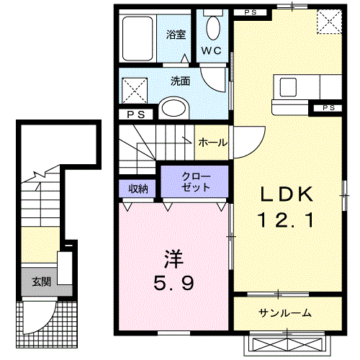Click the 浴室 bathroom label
[x=176, y=34]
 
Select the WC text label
[x=211, y=50]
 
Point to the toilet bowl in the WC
[x=213, y=27]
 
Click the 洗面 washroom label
[x=180, y=81]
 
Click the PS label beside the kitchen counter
[x=328, y=108]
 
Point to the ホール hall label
[x=212, y=143]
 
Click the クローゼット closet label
[x=196, y=182]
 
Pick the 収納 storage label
[x=138, y=189]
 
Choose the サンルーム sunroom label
[x=286, y=312]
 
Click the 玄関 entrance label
[x=40, y=281]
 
